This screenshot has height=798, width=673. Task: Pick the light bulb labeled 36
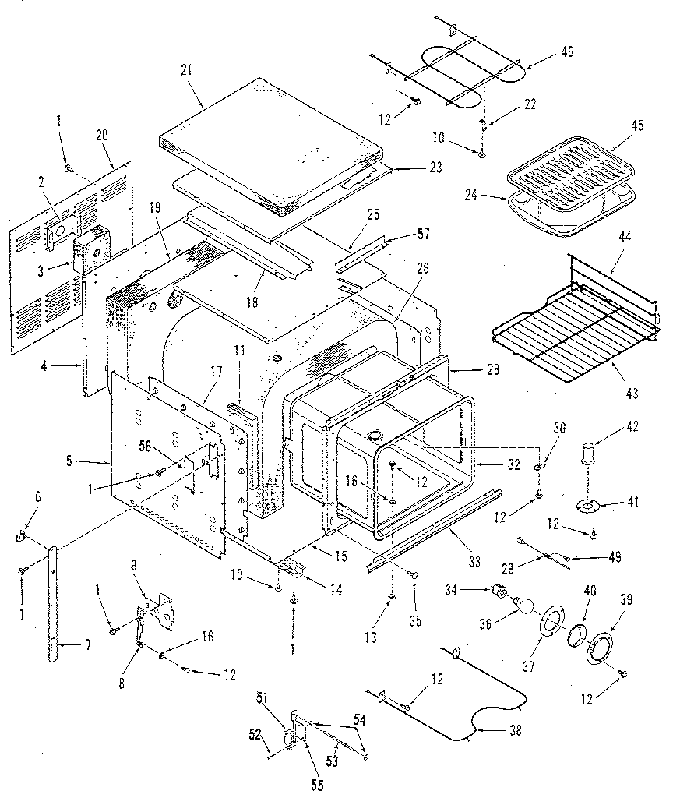click(x=523, y=602)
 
